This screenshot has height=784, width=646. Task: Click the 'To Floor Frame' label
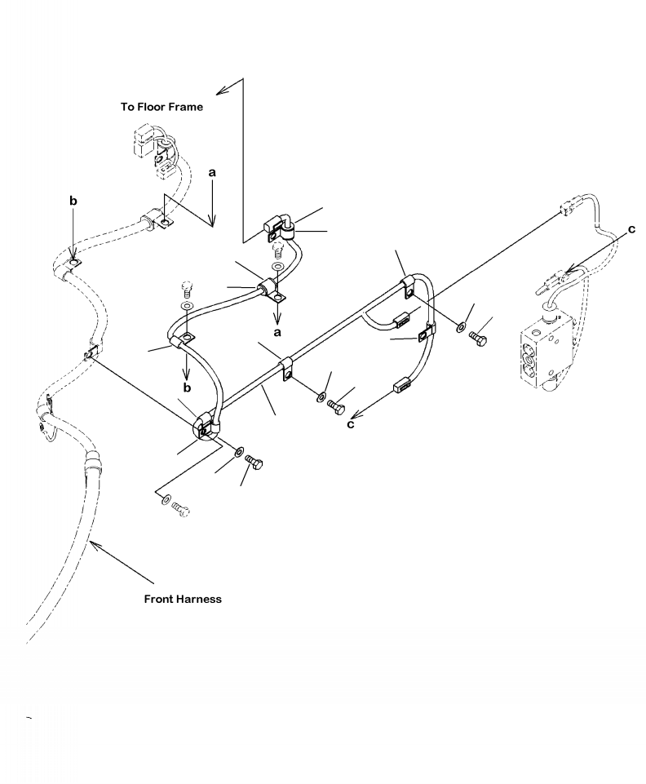[x=161, y=106]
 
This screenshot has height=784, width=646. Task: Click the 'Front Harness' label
[x=183, y=599]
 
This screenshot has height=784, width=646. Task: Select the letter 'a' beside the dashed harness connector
[x=212, y=173]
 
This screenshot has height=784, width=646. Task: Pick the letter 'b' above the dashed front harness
[x=73, y=200]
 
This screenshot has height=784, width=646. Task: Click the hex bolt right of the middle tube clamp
[x=336, y=403]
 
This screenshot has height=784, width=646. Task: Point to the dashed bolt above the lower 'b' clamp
[x=187, y=288]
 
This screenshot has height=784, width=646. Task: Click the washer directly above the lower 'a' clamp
[x=279, y=267]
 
